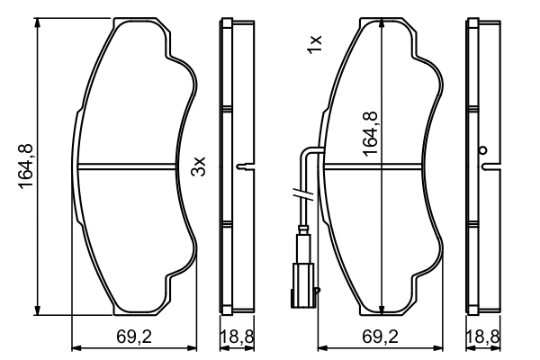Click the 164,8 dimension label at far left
pos(26,167)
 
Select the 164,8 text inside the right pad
pos(369,132)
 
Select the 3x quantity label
pos(200,166)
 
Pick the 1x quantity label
pos(314,42)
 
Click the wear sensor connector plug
pos(304,271)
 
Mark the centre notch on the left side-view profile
pos(240,166)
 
